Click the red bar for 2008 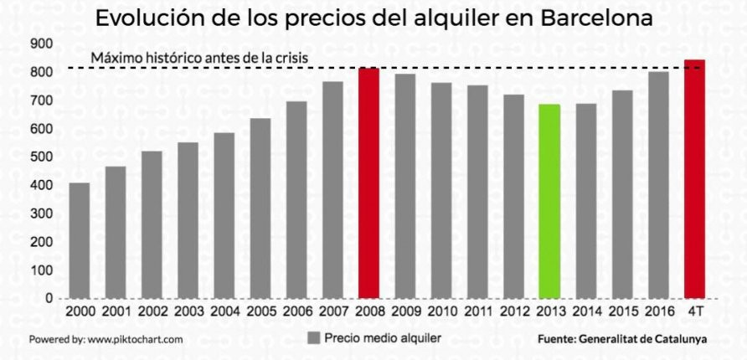(368, 183)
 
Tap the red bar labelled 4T (694, 178)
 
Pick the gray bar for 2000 (80, 240)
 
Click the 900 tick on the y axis (40, 44)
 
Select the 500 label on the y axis (40, 157)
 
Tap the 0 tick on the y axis (49, 297)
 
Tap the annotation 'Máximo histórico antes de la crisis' (200, 59)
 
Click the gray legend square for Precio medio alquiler (314, 338)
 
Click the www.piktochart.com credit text (134, 340)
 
